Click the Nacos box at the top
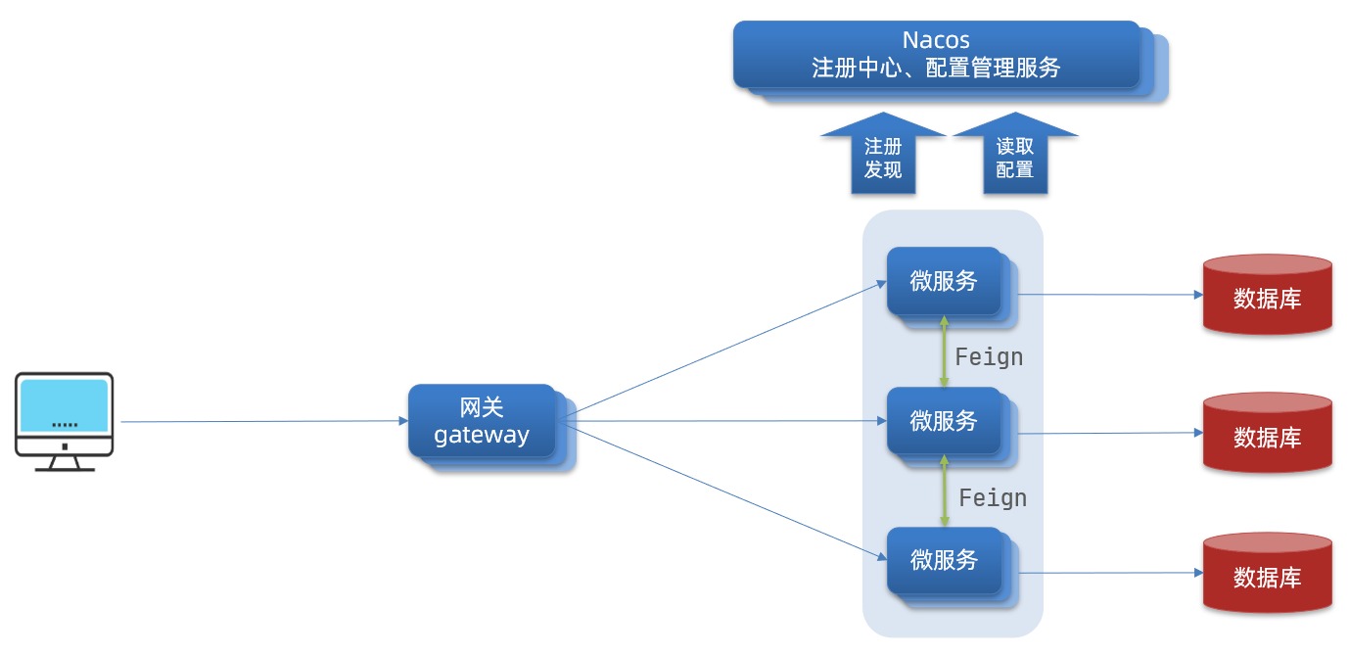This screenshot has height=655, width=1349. (937, 55)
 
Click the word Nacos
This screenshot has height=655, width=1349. (936, 40)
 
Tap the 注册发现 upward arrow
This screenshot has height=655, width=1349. (883, 157)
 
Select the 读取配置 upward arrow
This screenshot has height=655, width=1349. (1015, 157)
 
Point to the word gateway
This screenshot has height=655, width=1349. (482, 436)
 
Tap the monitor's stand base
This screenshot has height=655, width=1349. (65, 468)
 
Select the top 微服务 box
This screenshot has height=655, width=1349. (944, 281)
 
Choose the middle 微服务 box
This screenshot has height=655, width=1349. (944, 420)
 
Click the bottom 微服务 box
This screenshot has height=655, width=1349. (944, 560)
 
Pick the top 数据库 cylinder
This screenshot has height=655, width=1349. (1267, 296)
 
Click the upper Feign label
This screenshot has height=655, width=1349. (989, 357)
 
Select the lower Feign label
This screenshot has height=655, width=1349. (993, 498)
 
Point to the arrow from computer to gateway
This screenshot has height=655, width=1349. (264, 422)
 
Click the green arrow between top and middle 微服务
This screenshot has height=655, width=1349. (944, 351)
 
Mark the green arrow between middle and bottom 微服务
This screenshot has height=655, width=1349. (944, 491)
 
